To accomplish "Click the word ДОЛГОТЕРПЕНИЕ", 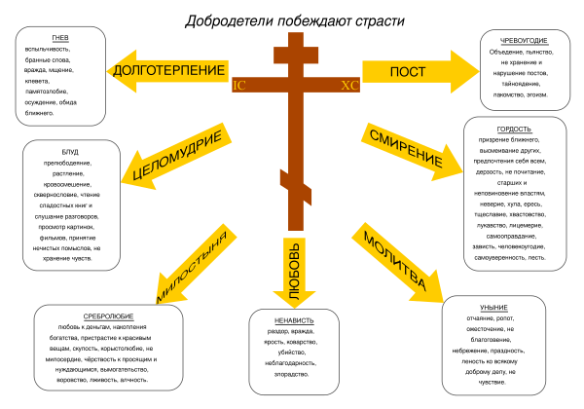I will [169, 70].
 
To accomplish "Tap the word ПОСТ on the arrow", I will [408, 72].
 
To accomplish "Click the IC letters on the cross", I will [239, 86].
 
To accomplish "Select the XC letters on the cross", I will [349, 86].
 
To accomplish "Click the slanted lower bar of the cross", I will [296, 186].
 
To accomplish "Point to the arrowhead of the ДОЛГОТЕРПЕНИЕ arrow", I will [120, 70].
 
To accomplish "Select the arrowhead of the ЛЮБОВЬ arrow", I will [295, 298].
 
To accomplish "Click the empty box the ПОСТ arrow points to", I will [525, 69].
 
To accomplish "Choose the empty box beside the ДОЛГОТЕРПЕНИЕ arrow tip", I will [60, 76].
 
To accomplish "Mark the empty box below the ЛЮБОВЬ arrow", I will [294, 352].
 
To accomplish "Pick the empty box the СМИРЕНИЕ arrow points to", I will [515, 194].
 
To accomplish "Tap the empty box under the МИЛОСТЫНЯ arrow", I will [108, 348].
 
